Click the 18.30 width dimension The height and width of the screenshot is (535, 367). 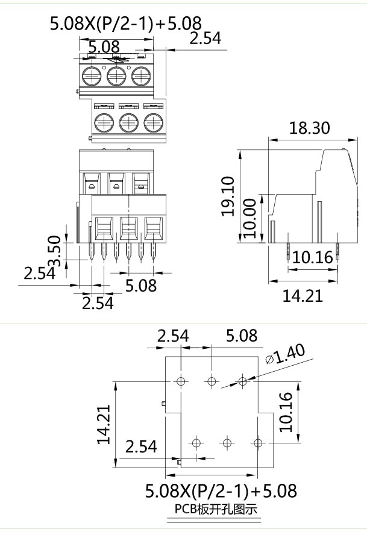pyautogui.click(x=309, y=128)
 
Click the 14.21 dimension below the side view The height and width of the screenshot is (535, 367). pyautogui.click(x=303, y=295)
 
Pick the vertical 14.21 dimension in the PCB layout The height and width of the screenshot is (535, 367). pyautogui.click(x=104, y=424)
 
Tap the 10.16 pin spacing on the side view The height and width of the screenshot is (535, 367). pyautogui.click(x=313, y=258)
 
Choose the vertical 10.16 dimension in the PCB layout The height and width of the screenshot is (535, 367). pyautogui.click(x=287, y=412)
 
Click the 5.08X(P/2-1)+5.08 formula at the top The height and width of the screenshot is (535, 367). pyautogui.click(x=125, y=25)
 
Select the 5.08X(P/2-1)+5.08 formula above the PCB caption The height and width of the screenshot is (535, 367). pyautogui.click(x=221, y=490)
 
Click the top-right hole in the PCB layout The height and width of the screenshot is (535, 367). pyautogui.click(x=242, y=381)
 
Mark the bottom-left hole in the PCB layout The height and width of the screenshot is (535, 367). pyautogui.click(x=195, y=443)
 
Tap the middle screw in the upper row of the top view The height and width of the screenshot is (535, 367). pyautogui.click(x=116, y=77)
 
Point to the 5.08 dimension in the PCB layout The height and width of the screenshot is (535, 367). pyautogui.click(x=241, y=336)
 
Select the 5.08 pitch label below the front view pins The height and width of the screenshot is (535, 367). pyautogui.click(x=141, y=285)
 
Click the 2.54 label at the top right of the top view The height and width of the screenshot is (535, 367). pyautogui.click(x=205, y=39)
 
